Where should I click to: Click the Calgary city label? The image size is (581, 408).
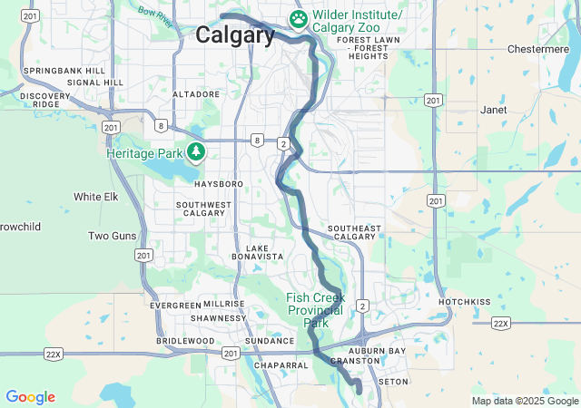235,35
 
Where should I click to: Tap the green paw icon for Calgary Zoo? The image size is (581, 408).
298,18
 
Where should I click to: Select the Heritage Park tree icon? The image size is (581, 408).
195,151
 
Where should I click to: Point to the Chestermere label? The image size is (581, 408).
537,49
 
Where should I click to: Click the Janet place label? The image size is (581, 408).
494,110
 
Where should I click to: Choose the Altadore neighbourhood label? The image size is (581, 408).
196,94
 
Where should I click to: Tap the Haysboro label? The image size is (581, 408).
219,184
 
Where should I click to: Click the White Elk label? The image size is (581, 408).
96,197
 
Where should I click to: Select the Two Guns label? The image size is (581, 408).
112,236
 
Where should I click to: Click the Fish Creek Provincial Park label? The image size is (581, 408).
315,310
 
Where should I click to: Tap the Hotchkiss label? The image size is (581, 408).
464,302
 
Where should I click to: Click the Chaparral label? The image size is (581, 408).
282,365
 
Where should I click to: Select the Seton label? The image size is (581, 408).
393,382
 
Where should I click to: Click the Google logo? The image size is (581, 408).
30,397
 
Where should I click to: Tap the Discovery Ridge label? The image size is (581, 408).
44,100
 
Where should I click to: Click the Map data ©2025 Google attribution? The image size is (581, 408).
526,401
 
